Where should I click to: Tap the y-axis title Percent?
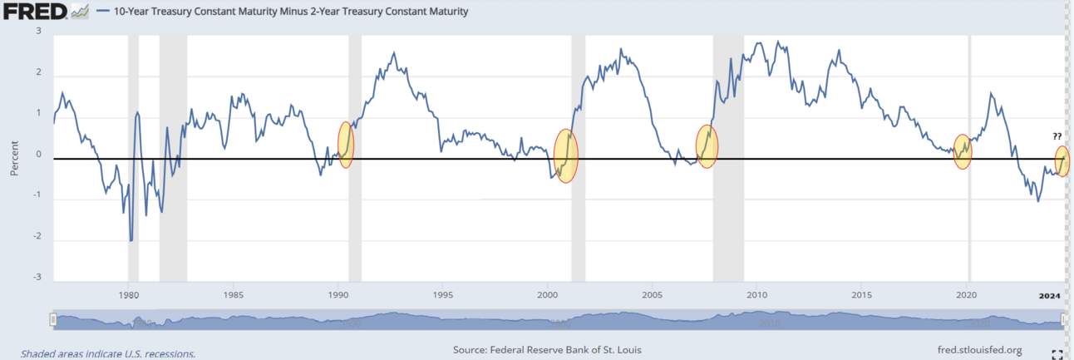click(x=14, y=156)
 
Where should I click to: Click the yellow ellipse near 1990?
click(x=345, y=145)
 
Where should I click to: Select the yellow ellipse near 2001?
click(x=565, y=155)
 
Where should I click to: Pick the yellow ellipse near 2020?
click(x=962, y=152)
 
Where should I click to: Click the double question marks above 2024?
click(x=1056, y=136)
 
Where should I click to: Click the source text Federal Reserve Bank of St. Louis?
click(x=547, y=350)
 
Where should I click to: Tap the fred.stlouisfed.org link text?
click(x=978, y=350)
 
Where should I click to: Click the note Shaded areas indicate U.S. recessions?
click(x=108, y=353)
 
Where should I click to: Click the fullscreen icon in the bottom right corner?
click(x=1057, y=353)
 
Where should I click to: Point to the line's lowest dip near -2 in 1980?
click(x=131, y=240)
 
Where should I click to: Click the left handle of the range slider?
click(x=53, y=320)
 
